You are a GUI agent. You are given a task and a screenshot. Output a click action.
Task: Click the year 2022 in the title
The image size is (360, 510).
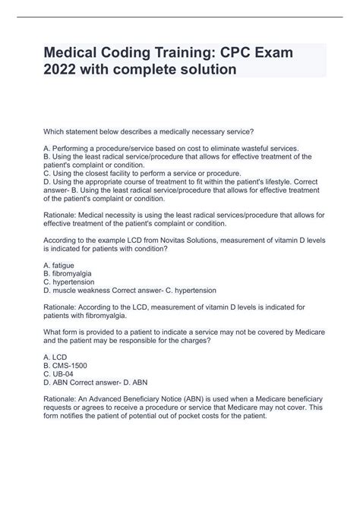(x=69, y=69)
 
